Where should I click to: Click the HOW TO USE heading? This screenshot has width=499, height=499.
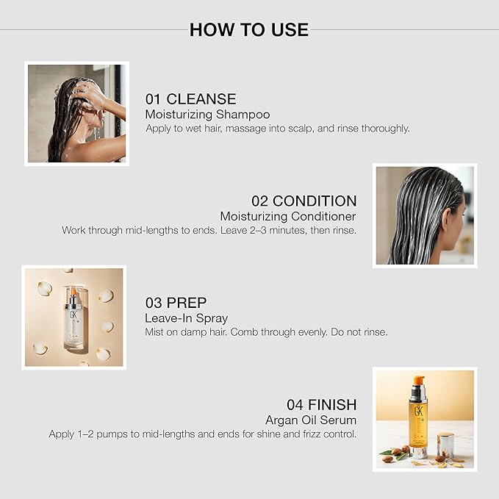[x=249, y=30]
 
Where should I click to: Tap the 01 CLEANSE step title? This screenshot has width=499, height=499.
[x=190, y=98]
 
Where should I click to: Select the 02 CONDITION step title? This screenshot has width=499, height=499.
[x=304, y=201]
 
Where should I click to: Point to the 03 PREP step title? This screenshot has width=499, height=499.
[x=176, y=303]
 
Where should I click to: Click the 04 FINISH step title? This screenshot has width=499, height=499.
[x=322, y=404]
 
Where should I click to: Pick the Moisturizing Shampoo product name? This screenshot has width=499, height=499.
[x=207, y=115]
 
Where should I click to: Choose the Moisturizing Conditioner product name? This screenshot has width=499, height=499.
[x=288, y=216]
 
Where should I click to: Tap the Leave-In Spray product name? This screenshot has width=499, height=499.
[x=186, y=318]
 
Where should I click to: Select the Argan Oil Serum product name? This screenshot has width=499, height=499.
[x=311, y=420]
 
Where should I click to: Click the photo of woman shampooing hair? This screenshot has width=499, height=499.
[x=76, y=113]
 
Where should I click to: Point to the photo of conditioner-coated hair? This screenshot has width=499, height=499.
[x=425, y=215]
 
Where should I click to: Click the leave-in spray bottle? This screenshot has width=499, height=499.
[x=73, y=317]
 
